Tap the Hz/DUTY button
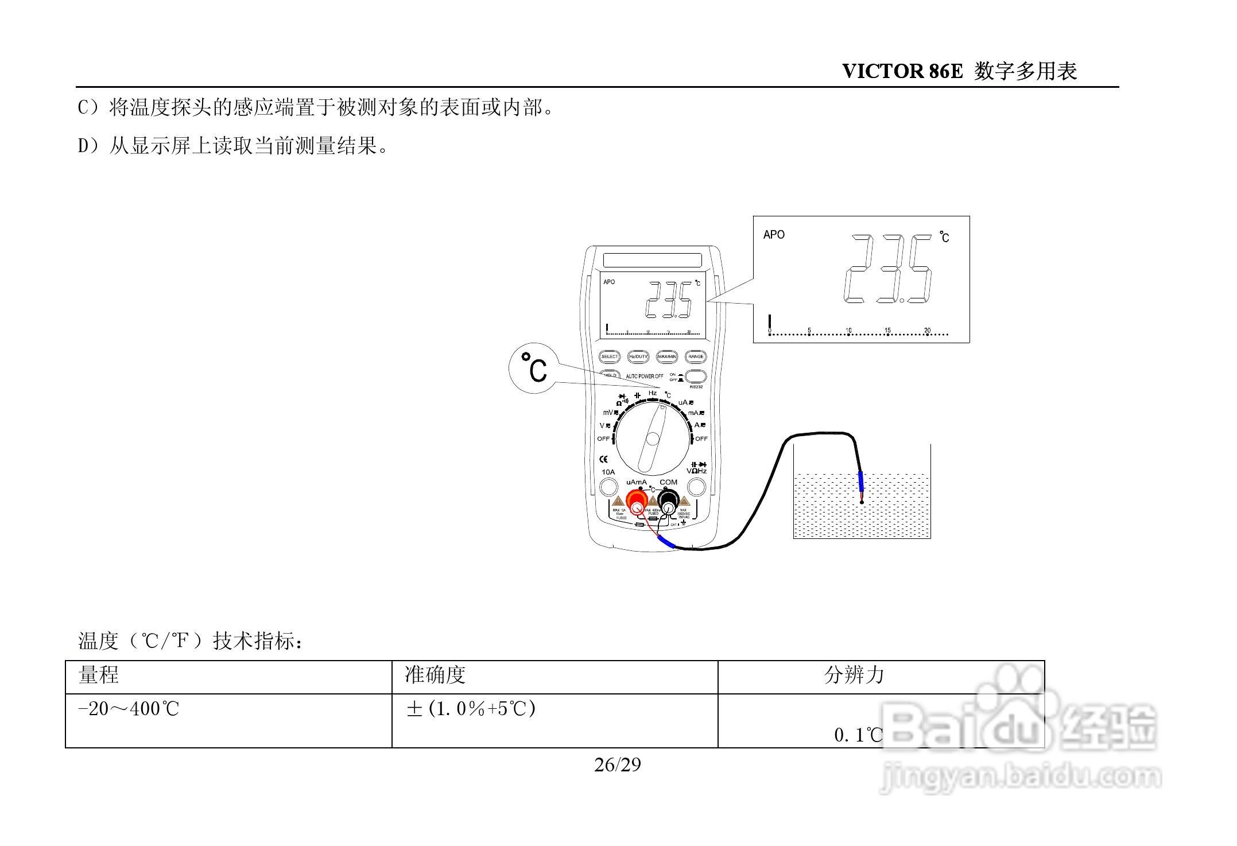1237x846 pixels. (x=638, y=356)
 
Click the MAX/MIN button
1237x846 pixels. (x=667, y=356)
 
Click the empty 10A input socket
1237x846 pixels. (x=608, y=487)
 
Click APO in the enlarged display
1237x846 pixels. (x=773, y=235)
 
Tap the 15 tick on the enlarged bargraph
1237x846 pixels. (x=887, y=331)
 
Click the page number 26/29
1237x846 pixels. (x=618, y=765)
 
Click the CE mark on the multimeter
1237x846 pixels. (x=603, y=459)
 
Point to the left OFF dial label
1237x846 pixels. (x=603, y=439)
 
